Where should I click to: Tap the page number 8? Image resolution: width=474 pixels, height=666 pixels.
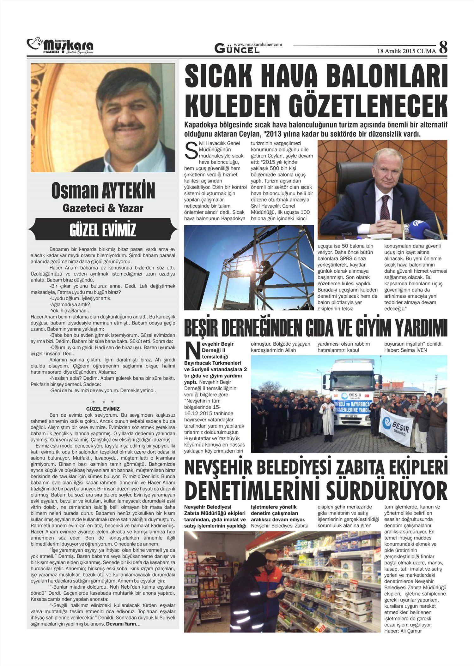[x=443, y=47]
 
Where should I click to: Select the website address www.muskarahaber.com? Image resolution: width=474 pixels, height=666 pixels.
[x=258, y=45]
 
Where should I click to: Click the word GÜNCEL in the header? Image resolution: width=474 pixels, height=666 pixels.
[x=237, y=49]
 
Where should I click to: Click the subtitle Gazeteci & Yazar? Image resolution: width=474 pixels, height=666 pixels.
[x=103, y=208]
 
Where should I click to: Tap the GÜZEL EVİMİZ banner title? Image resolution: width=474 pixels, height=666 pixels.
[x=103, y=229]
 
